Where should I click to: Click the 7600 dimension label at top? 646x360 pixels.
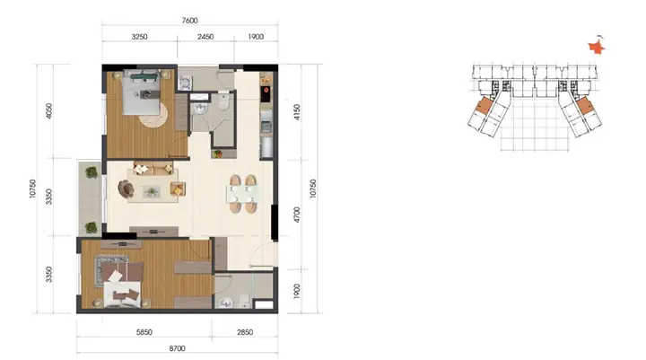(189, 21)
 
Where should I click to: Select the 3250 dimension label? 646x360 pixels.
(139, 37)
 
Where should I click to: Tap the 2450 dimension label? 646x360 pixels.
(205, 37)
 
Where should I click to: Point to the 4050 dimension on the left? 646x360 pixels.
(49, 111)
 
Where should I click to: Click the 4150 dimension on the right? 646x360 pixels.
(297, 111)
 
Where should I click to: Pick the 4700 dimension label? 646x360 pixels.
(297, 215)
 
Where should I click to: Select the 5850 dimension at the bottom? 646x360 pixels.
(144, 332)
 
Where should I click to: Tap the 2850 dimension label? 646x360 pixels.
(245, 332)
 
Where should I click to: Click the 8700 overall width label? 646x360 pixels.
(177, 348)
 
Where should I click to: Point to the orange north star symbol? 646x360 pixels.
(596, 47)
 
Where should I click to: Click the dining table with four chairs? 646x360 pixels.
(242, 194)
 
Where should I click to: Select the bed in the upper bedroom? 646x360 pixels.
(142, 92)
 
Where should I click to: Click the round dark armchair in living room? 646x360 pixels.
(127, 189)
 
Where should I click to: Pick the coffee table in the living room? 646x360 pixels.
(152, 191)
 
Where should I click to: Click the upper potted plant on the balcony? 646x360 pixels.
(92, 172)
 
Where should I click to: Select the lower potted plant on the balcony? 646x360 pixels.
(91, 227)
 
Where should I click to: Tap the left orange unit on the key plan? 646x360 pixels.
(483, 106)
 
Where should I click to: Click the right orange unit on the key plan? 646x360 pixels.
(585, 107)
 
